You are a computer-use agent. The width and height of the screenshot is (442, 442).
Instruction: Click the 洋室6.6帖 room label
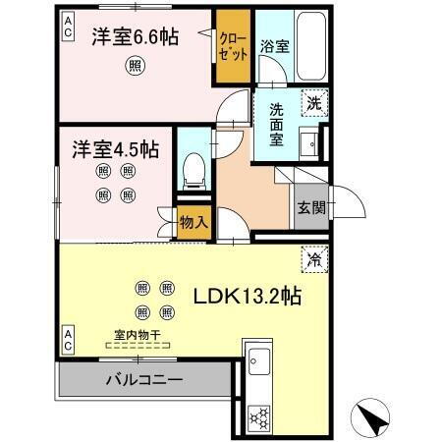[x=136, y=37]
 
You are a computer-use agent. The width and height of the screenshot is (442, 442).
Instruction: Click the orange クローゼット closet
[x=233, y=47]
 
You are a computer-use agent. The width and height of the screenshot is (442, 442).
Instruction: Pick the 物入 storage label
[x=193, y=222]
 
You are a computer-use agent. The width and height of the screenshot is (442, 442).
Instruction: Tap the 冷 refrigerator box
[x=312, y=259]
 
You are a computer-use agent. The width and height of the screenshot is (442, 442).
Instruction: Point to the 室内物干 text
[x=138, y=335]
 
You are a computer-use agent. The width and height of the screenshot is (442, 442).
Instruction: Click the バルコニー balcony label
[x=142, y=378]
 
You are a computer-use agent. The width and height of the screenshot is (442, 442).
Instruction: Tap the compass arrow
[x=372, y=419]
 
